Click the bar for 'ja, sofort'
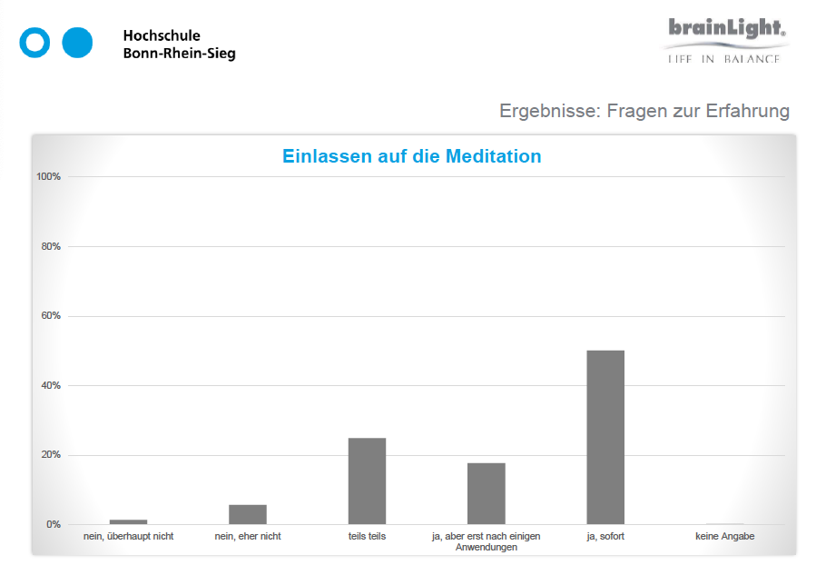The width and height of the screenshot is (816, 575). coord(605,437)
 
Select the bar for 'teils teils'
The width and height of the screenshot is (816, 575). coord(367,481)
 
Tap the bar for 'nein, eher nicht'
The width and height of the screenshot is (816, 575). coord(248,514)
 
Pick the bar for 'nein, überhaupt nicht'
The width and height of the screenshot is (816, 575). coord(128,521)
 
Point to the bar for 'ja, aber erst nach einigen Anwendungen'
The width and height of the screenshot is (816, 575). coord(487,493)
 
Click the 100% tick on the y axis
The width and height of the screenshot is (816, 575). coord(48,176)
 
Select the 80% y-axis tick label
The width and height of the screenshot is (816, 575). coord(50,246)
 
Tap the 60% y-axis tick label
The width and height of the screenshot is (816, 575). coord(50,316)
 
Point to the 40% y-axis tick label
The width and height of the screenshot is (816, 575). coord(50,385)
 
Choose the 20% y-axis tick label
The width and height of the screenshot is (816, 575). coord(50,455)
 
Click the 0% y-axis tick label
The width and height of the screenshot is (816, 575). coord(53,524)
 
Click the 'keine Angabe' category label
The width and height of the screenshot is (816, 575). coord(724,537)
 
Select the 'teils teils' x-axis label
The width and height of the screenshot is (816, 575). coord(367,537)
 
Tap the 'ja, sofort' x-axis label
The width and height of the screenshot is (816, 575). coord(605,537)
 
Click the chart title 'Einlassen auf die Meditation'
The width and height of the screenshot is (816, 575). coord(411,156)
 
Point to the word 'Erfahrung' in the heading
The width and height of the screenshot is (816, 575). coord(742,111)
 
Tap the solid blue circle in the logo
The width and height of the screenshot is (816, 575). coord(78,43)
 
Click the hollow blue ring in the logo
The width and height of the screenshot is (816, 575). coord(35,43)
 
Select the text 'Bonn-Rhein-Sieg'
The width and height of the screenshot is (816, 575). coord(179,54)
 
